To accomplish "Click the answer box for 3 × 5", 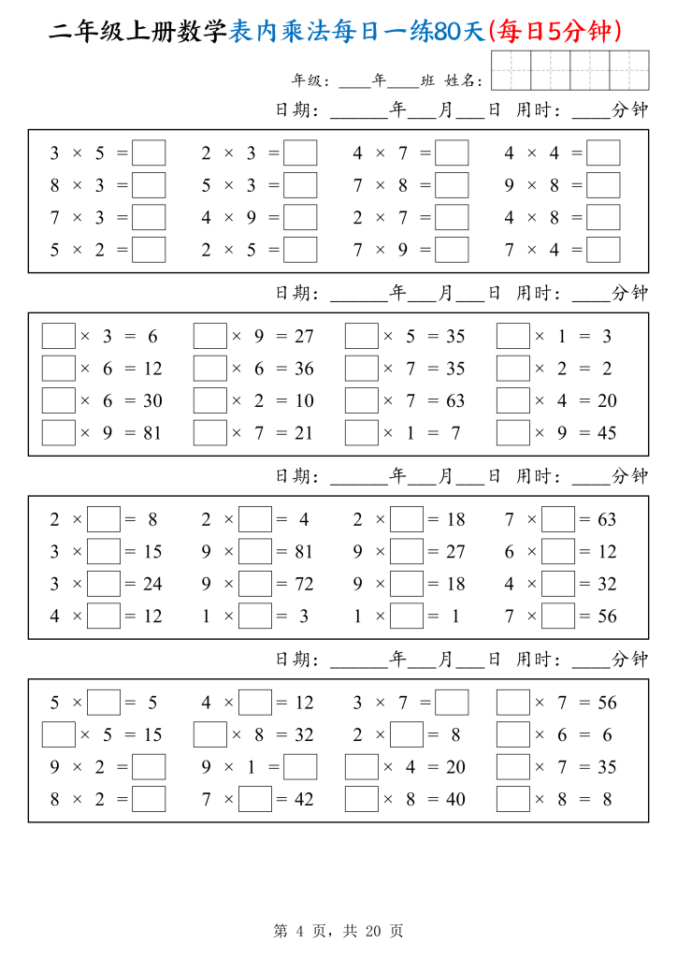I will tap(149, 152).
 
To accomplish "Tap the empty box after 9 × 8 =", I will tap(603, 185).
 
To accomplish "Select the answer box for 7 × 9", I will tap(452, 250).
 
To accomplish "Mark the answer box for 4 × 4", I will tap(603, 152).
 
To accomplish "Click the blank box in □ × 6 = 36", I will tap(210, 369).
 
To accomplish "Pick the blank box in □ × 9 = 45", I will tap(513, 433).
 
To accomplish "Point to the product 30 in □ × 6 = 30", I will tap(152, 401).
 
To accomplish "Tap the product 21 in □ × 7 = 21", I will tap(304, 433).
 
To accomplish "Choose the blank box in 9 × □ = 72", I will tap(255, 584).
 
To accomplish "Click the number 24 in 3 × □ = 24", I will tap(152, 584).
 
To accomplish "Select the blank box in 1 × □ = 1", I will tap(407, 617).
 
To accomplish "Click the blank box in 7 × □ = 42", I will tap(255, 799).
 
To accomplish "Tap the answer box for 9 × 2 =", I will tap(149, 767).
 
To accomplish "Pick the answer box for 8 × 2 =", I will tap(149, 799).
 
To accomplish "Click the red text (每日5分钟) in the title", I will tap(555, 33).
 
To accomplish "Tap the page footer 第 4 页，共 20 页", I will tap(338, 931).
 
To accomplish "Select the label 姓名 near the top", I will tap(462, 81).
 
